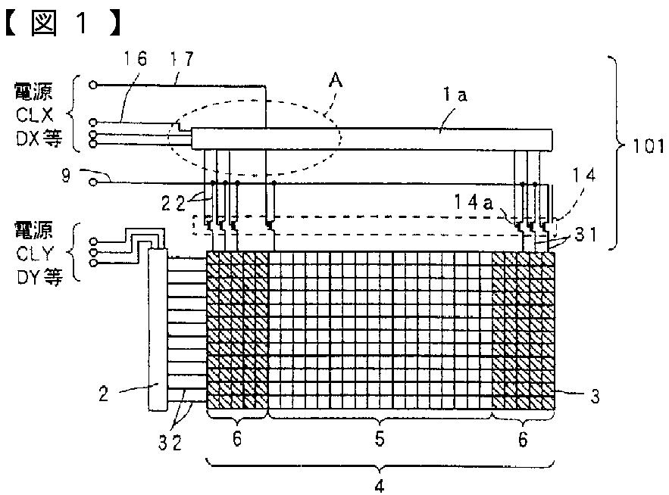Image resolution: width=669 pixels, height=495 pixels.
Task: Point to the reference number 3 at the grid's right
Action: pos(596,394)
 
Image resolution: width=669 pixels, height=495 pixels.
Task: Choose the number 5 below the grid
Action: pos(381,438)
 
